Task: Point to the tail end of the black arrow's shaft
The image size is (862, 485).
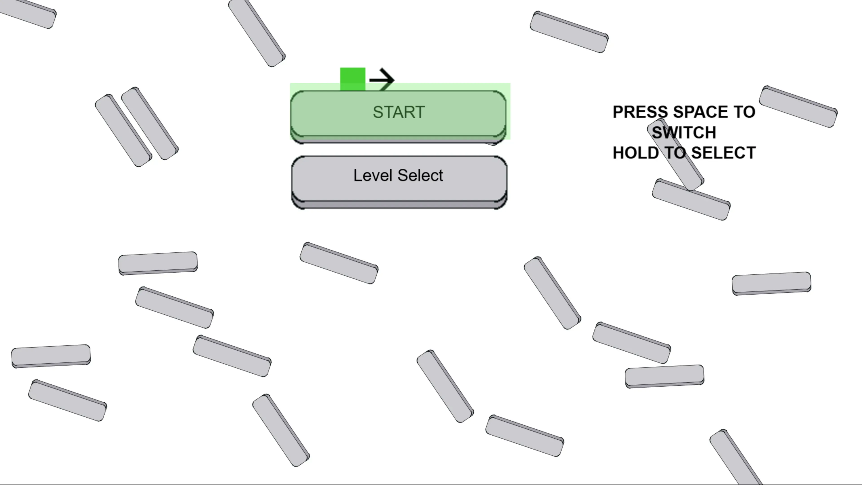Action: point(370,80)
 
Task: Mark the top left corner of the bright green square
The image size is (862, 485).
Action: point(340,68)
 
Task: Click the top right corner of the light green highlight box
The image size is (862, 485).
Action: point(510,83)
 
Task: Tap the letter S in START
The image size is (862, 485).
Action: point(378,112)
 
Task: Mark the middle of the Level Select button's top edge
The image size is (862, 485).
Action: point(399,156)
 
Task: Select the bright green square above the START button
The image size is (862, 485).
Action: point(353,79)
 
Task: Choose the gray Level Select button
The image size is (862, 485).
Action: point(399,182)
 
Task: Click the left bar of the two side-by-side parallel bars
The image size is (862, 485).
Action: point(123,130)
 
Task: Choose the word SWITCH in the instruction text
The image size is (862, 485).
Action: point(684,132)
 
